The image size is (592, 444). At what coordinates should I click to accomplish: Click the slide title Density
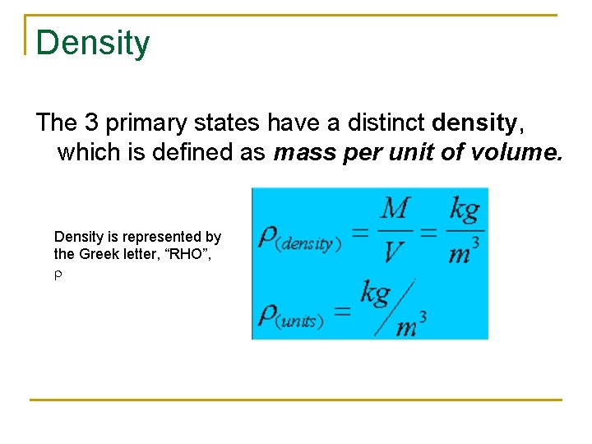[93, 43]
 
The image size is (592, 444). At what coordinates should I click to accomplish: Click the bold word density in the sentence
[474, 123]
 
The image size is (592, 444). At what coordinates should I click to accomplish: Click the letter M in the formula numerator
[395, 209]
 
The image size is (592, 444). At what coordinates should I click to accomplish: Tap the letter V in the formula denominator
[394, 251]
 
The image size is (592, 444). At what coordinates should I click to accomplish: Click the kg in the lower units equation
[376, 293]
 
